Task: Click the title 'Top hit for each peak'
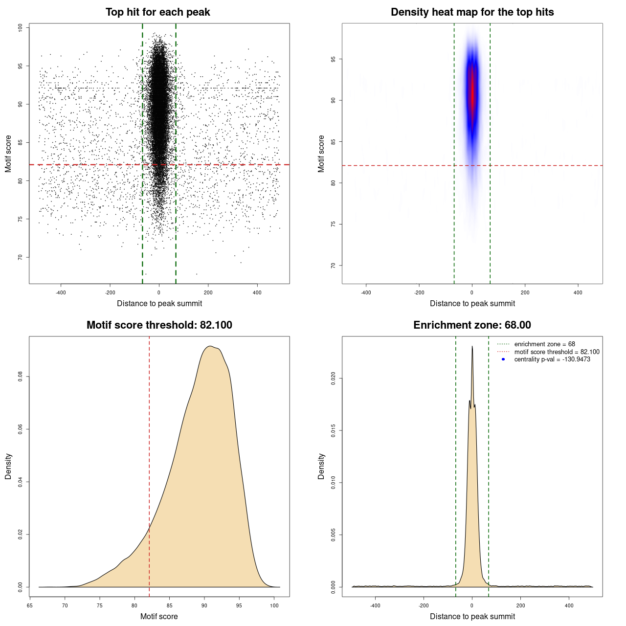point(157,12)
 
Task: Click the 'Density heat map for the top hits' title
point(472,12)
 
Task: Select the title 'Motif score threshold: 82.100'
point(159,325)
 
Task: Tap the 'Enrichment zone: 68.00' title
point(472,325)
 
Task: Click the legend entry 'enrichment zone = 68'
point(544,344)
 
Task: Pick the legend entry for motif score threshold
point(557,352)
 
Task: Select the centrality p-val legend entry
point(552,359)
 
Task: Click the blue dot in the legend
point(503,359)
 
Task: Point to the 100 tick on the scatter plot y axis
point(21,28)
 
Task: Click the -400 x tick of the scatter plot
point(61,292)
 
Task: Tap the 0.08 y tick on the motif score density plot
point(21,377)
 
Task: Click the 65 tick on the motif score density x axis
point(30,605)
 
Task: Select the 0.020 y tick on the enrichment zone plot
point(334,378)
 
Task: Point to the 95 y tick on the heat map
point(334,59)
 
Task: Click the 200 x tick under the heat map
point(525,292)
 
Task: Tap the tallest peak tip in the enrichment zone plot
point(472,347)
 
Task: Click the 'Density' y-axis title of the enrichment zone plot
point(321,466)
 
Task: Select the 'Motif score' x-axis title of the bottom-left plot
point(159,616)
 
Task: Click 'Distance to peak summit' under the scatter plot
point(159,303)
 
